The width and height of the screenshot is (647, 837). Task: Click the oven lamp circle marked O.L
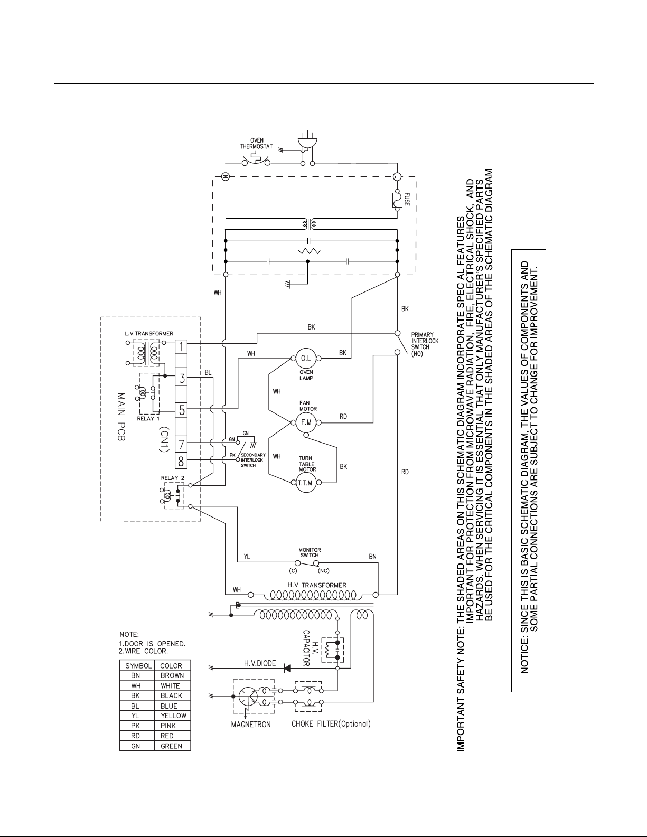306,358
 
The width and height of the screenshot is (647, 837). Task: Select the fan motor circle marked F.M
306,422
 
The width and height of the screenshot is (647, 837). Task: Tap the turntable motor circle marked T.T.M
306,483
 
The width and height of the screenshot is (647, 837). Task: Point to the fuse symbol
397,200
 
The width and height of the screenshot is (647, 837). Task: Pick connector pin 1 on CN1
181,346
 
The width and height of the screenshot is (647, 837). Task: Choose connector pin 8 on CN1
181,462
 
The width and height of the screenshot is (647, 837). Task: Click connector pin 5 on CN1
181,411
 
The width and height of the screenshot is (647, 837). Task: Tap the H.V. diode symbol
287,669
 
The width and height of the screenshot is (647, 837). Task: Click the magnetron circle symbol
248,697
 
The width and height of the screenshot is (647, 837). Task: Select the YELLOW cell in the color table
173,716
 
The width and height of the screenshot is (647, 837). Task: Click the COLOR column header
171,666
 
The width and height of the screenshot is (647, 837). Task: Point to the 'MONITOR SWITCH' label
310,552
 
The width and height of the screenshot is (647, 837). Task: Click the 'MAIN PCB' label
121,417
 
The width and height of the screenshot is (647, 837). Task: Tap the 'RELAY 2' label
173,478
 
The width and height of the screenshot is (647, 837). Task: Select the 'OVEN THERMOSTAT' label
257,143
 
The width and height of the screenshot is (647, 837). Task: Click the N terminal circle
226,176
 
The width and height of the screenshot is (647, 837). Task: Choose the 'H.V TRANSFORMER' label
317,585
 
